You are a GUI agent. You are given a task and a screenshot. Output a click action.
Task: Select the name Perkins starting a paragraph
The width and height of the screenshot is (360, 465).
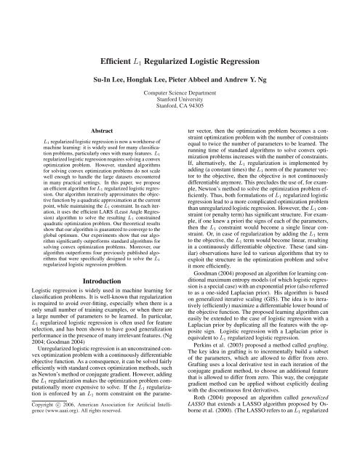click(203, 380)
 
